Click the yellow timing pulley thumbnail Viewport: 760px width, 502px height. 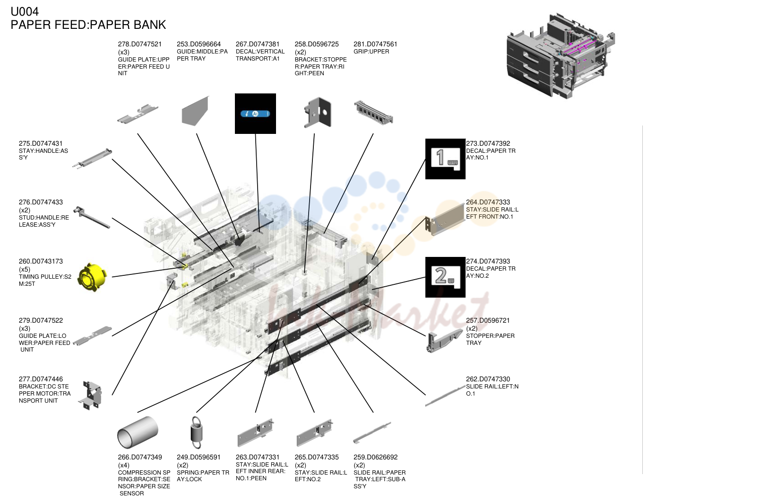[x=92, y=277]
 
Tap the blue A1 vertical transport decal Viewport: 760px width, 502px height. [x=255, y=114]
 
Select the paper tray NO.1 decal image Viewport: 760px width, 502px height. [x=445, y=159]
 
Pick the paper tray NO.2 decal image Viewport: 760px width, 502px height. [x=445, y=277]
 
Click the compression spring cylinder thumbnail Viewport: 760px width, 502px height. [x=138, y=432]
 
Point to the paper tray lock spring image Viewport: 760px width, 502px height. [x=197, y=432]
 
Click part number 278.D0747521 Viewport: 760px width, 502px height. [x=140, y=44]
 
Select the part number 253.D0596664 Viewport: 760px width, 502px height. [x=199, y=44]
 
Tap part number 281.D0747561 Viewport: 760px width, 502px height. [x=375, y=44]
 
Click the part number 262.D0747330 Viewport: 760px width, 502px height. [x=488, y=379]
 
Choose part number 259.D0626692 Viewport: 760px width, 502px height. [x=376, y=457]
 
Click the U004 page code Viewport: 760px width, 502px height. [x=25, y=11]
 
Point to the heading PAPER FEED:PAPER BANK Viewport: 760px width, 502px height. [x=88, y=25]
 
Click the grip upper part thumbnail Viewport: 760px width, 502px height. [x=373, y=113]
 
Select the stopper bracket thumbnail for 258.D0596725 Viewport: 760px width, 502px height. [x=318, y=113]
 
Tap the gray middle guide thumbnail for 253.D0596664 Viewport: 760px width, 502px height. [x=195, y=111]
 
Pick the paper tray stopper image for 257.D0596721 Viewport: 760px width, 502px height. [x=444, y=341]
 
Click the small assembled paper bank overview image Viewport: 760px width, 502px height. [x=561, y=56]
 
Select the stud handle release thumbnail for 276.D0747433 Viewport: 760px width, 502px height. [x=92, y=217]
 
